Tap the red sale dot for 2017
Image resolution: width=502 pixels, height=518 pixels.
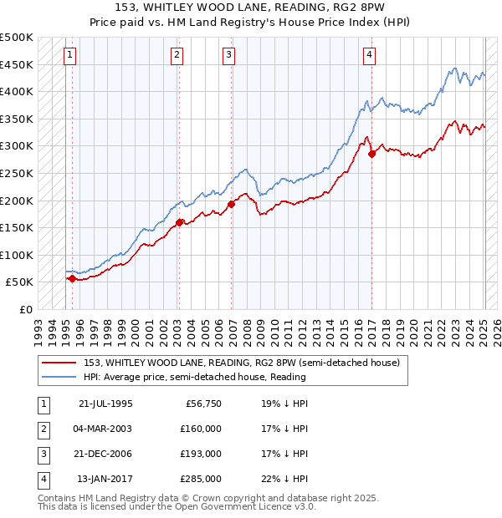372,154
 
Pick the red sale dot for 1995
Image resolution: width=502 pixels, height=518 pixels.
72,279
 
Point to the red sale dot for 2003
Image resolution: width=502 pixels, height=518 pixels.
179,222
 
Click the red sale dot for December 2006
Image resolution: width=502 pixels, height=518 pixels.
232,205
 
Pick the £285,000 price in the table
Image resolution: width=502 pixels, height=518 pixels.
201,479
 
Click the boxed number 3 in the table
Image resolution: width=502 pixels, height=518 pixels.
44,454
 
